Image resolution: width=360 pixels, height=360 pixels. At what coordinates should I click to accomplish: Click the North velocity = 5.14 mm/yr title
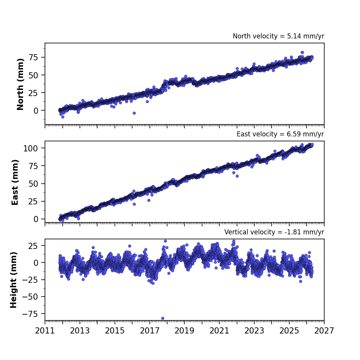(x=279, y=36)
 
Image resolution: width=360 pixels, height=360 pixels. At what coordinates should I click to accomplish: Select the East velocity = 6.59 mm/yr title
(x=280, y=134)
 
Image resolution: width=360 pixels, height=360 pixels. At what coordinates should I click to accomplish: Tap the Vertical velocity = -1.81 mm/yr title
(x=274, y=232)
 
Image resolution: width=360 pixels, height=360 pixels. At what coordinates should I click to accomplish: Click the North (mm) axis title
(x=20, y=84)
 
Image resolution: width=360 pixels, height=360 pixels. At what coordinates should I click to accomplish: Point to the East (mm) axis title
(x=15, y=182)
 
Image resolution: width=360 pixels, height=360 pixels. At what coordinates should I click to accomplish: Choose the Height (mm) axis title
(x=13, y=280)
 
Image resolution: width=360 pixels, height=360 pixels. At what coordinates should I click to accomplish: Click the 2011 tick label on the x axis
(x=45, y=331)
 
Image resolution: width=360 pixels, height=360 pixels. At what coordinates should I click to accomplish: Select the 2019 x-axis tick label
(x=184, y=331)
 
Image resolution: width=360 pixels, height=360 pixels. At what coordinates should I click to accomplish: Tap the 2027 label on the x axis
(x=324, y=331)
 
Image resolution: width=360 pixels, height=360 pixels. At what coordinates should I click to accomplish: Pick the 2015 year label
(x=114, y=331)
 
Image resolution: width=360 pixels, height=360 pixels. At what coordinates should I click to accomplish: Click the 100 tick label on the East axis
(x=30, y=148)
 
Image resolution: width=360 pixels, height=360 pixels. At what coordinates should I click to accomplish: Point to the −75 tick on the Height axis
(x=30, y=314)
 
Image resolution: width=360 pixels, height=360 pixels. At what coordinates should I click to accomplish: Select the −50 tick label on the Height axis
(x=30, y=297)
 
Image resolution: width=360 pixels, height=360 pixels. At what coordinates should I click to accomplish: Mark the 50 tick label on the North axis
(x=33, y=75)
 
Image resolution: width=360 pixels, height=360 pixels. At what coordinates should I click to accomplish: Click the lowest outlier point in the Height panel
(x=163, y=318)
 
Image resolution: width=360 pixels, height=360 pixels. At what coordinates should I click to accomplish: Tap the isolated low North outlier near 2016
(x=134, y=113)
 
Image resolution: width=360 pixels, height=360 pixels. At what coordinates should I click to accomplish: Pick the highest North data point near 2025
(x=302, y=53)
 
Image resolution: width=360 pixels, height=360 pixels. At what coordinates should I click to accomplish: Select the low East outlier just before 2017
(x=149, y=201)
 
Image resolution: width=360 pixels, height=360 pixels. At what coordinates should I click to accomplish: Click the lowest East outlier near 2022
(x=237, y=176)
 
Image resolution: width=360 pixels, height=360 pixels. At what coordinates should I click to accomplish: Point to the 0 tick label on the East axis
(x=36, y=219)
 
